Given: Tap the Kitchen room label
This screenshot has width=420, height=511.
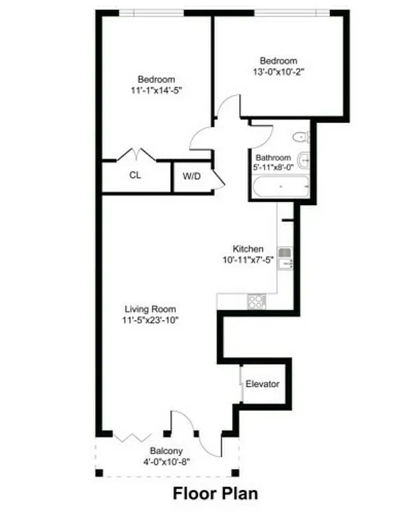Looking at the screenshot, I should click(x=248, y=249).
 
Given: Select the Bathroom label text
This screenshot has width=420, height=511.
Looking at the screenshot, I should click(x=273, y=158).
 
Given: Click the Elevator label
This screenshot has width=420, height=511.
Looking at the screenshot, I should click(x=263, y=384).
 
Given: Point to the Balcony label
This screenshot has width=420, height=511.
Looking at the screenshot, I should click(x=166, y=450).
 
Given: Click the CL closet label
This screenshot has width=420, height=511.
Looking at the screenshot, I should click(x=135, y=175).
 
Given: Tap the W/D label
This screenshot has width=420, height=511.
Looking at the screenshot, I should click(x=192, y=176).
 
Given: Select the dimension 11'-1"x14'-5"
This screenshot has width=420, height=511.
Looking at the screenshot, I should click(x=157, y=91).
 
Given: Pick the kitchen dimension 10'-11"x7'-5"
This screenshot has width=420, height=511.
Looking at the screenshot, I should click(x=247, y=260).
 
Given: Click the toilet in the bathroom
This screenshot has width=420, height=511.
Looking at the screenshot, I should click(x=300, y=136).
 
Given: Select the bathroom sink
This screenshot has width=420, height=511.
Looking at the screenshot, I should click(x=305, y=160).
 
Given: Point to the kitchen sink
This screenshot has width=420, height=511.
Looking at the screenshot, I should click(x=285, y=257).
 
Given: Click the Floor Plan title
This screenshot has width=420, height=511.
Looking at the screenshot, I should click(x=216, y=494).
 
